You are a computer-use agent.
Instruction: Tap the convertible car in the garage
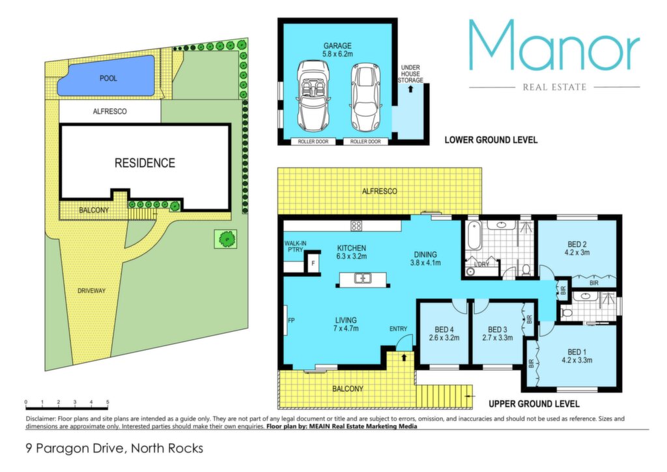[x=313, y=96]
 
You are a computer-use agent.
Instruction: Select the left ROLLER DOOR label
[x=313, y=141]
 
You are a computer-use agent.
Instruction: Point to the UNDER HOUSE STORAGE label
[x=410, y=74]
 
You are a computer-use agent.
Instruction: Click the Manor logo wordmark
[x=554, y=45]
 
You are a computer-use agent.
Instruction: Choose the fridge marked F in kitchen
[x=313, y=263]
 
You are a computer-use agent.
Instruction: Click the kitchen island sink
[x=363, y=279]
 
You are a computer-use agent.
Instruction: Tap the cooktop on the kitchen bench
[x=356, y=226]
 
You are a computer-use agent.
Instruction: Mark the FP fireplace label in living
[x=291, y=320]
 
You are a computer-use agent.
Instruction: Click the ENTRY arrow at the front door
[x=404, y=357]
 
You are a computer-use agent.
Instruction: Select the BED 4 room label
[x=444, y=329]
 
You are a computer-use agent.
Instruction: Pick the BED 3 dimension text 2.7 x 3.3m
[x=497, y=338]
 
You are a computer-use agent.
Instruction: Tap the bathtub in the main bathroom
[x=473, y=236]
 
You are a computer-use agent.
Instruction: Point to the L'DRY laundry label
[x=481, y=264]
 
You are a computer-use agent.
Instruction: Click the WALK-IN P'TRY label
[x=295, y=246]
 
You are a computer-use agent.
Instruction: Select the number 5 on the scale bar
[x=107, y=402]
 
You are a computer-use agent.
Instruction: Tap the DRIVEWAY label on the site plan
[x=91, y=291]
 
